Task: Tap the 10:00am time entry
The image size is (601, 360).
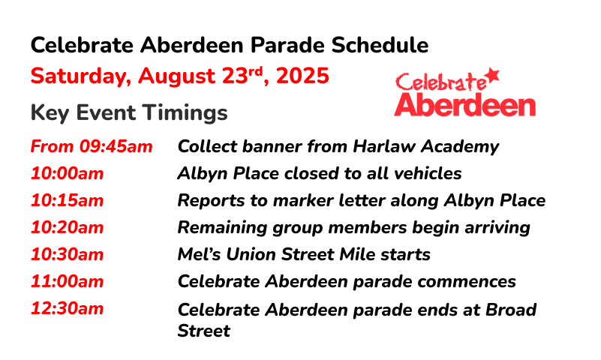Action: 67,173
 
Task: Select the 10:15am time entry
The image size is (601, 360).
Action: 67,201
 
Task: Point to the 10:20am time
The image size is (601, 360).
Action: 67,227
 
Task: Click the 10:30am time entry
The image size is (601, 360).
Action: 67,255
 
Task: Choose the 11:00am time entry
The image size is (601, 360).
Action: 67,281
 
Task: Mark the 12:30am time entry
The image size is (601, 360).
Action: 67,309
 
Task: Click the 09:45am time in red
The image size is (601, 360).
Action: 116,147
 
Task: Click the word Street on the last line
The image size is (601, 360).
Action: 203,331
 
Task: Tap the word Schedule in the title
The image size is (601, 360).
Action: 380,45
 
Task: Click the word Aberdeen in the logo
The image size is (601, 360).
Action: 465,104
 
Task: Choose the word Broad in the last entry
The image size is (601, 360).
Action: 511,310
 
